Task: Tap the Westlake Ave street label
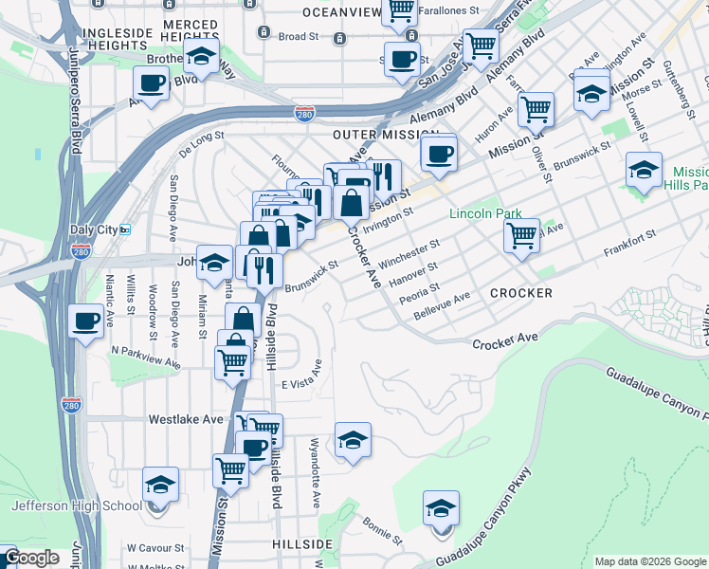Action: tap(185, 418)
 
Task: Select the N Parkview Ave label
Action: tap(144, 356)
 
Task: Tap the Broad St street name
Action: tap(299, 37)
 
